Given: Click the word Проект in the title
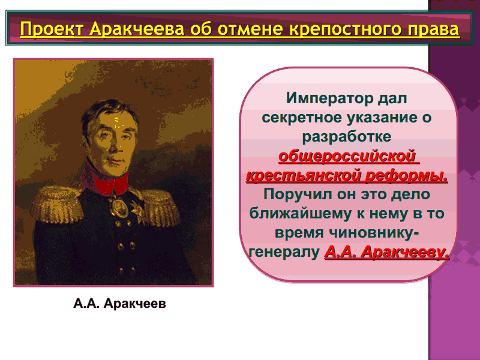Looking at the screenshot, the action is coord(52,29).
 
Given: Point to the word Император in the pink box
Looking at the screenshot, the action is coord(330,98).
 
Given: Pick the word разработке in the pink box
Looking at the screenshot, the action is coord(347,137).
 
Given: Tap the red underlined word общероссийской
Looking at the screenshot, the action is coord(347,157).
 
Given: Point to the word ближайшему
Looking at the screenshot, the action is coord(301,214).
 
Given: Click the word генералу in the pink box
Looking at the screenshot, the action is coord(284,252).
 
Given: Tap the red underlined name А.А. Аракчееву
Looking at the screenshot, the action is coord(387,252).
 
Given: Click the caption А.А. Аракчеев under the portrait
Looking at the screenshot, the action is coord(119,304).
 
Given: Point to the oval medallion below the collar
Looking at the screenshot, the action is coord(118,208).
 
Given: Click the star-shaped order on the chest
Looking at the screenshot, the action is coord(137,209).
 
